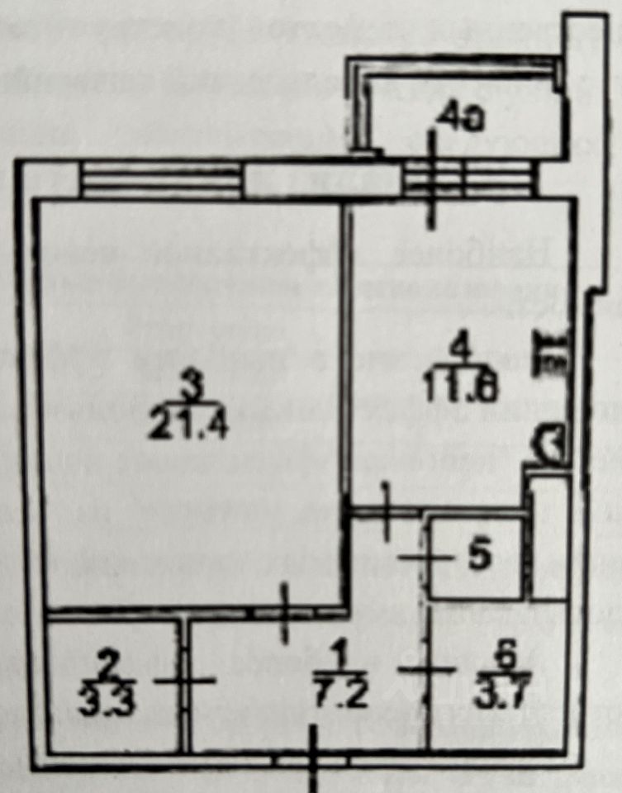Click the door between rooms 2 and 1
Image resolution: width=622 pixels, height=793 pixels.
click(x=184, y=680)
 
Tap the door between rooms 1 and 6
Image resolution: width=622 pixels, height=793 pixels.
click(x=429, y=668)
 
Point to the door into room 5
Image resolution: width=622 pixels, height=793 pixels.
click(x=426, y=558)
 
